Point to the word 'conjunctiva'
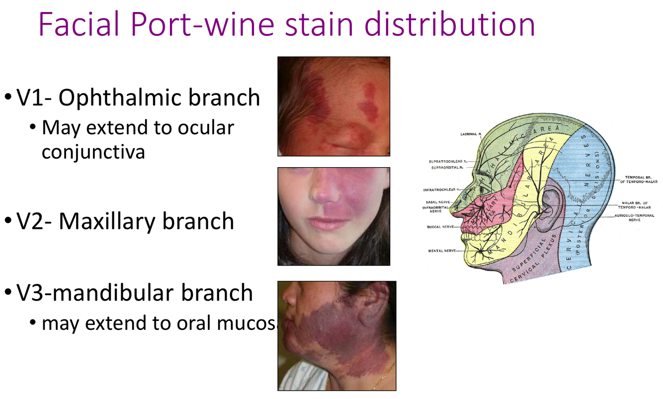coord(93,151)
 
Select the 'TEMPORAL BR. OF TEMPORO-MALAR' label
coord(638,180)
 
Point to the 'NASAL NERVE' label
coord(438,202)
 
